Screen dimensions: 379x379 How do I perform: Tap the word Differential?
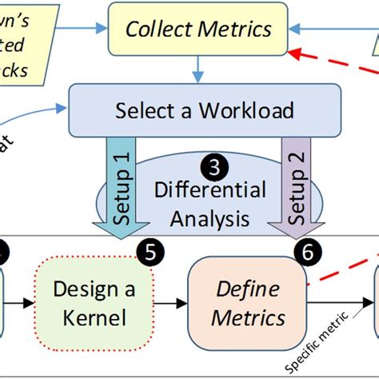pos(209,191)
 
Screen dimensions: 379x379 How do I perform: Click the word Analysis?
pos(209,217)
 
